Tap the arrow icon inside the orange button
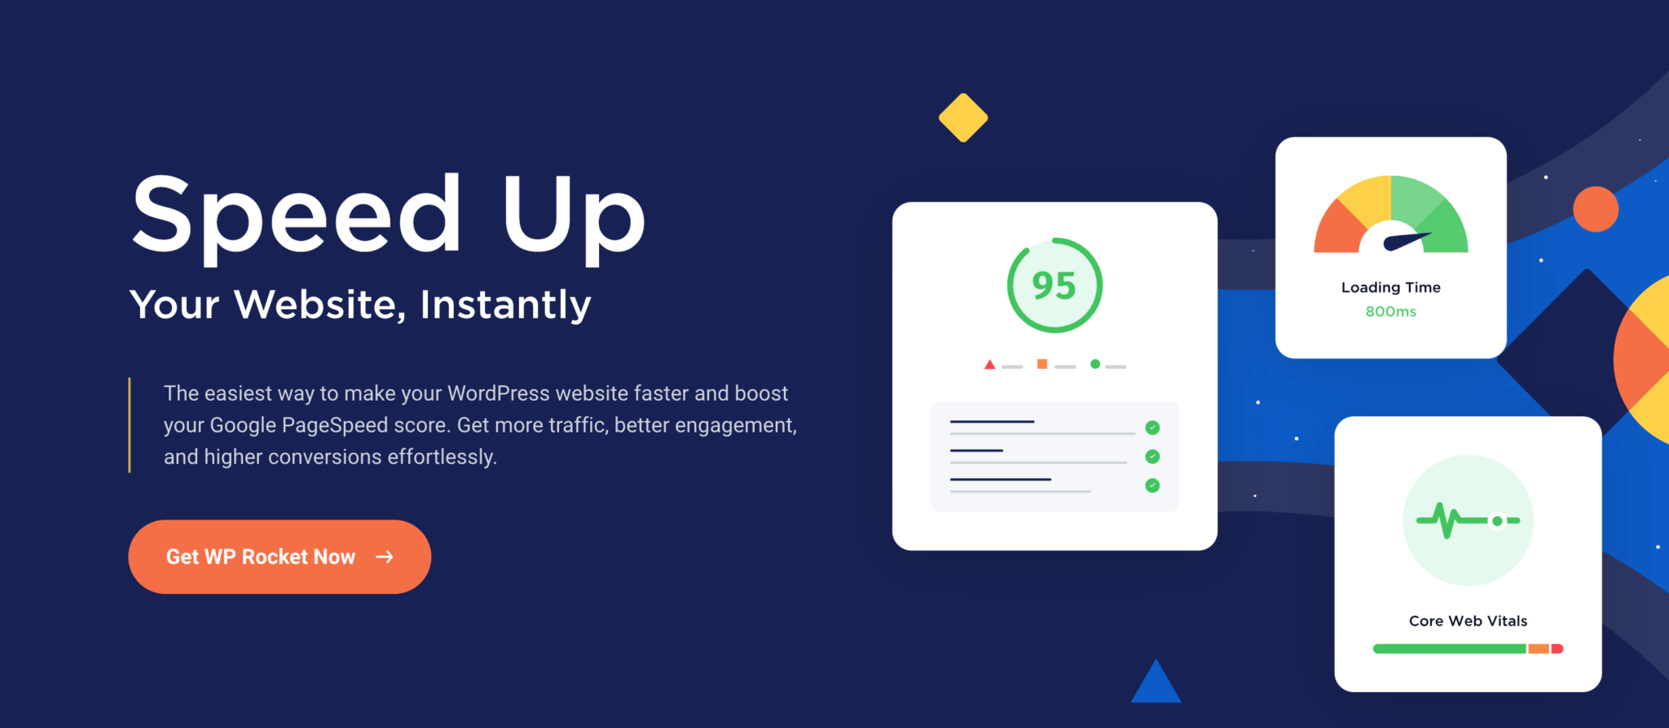point(385,557)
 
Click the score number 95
point(1054,286)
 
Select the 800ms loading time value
point(1390,312)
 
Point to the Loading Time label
point(1390,287)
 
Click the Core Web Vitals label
point(1468,621)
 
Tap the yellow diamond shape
point(963,118)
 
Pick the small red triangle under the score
point(989,365)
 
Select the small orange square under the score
point(1042,364)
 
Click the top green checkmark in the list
point(1152,428)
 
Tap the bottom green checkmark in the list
point(1152,485)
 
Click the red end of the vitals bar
point(1557,649)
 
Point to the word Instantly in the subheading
point(505,305)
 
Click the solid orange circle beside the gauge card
point(1595,209)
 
